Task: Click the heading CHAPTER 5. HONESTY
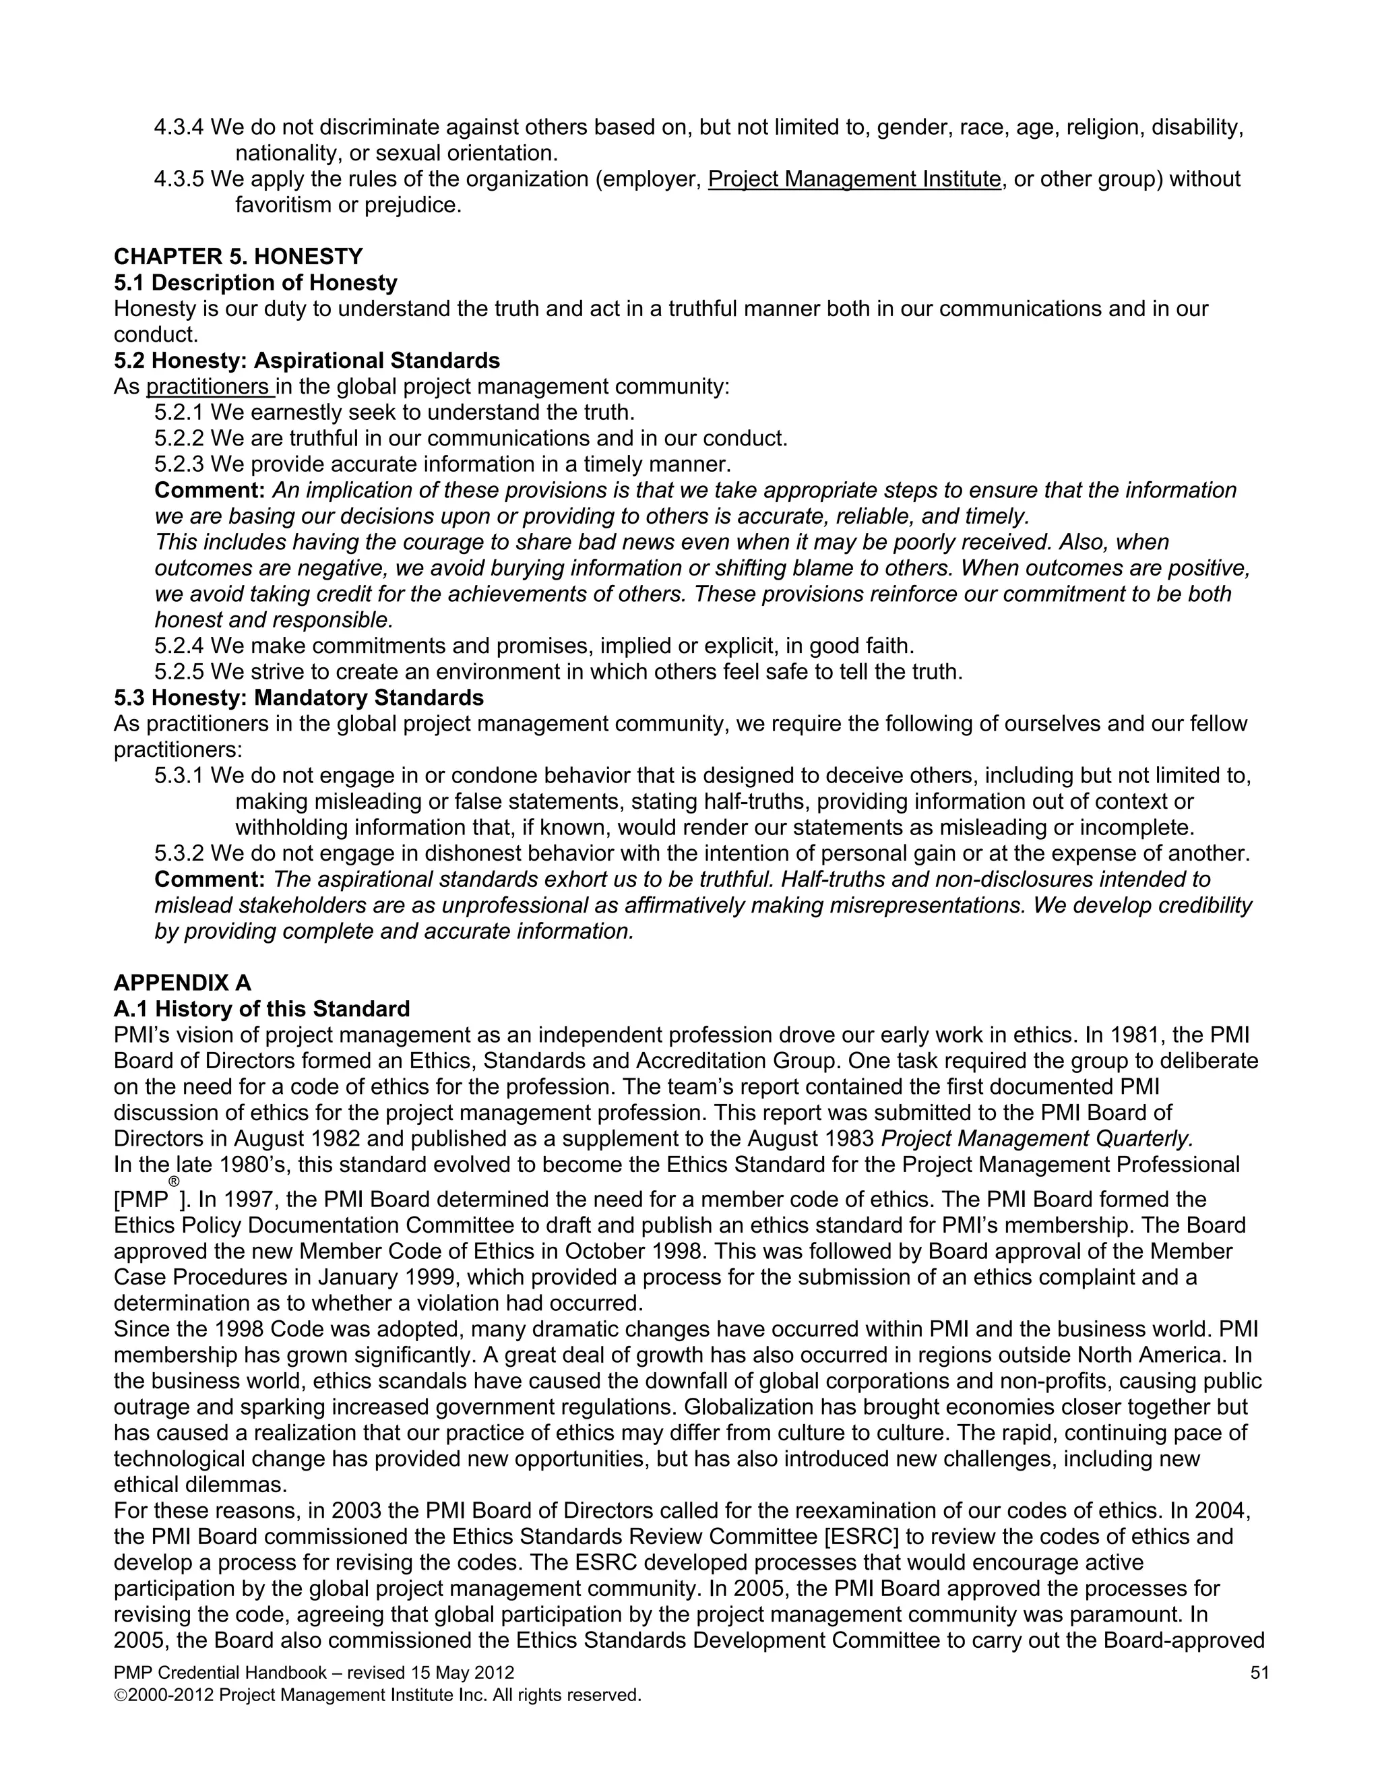click(238, 257)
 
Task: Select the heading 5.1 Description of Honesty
click(255, 283)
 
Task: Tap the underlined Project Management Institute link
click(854, 179)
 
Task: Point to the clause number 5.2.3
click(179, 464)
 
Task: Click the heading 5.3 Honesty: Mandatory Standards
click(299, 698)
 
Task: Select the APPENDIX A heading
click(183, 983)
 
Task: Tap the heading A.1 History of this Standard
click(261, 1009)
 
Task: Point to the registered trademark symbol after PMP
click(173, 1181)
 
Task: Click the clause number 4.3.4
click(179, 127)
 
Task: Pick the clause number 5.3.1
click(179, 776)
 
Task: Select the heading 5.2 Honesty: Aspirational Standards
click(307, 361)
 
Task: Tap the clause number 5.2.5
click(179, 672)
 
